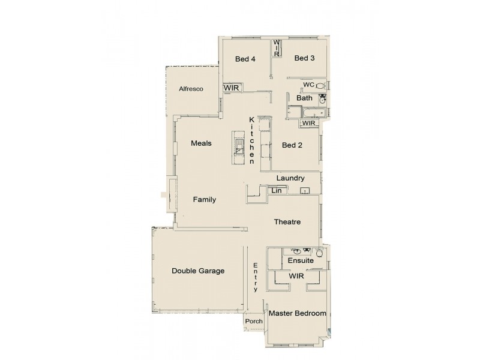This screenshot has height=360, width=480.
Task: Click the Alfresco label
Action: click(x=191, y=89)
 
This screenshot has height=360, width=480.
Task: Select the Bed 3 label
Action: click(x=304, y=58)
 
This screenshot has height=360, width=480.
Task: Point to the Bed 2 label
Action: click(x=292, y=145)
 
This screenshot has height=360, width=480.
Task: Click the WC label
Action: click(x=308, y=85)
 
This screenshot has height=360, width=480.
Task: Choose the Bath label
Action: click(x=304, y=98)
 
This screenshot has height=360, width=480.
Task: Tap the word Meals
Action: click(x=201, y=143)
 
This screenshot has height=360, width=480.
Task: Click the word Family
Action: click(x=204, y=200)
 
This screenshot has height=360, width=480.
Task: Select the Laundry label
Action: click(x=290, y=178)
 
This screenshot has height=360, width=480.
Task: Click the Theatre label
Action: click(x=287, y=222)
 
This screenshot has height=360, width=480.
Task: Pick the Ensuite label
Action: click(x=299, y=261)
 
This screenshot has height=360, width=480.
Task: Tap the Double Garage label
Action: click(x=198, y=271)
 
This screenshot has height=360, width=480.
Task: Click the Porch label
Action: click(x=254, y=322)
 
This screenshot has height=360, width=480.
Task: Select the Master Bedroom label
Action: click(x=298, y=314)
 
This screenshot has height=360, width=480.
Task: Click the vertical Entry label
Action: click(x=256, y=277)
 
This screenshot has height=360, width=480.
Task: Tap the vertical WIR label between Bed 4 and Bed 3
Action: click(x=277, y=47)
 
